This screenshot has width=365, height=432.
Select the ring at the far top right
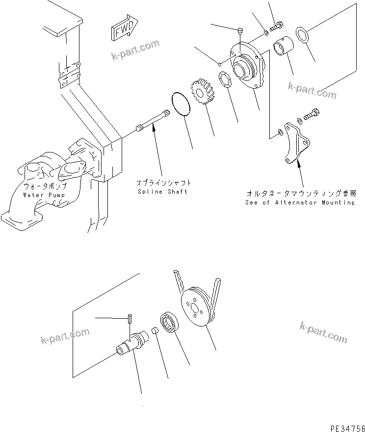tap(302, 35)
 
